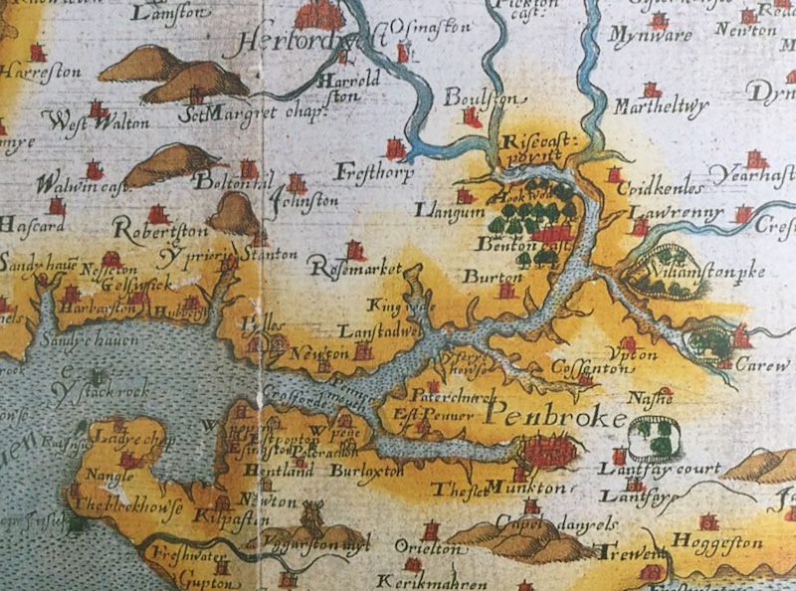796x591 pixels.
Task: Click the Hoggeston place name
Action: (x=716, y=542)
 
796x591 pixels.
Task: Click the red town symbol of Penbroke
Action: (x=547, y=454)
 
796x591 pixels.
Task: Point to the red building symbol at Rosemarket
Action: (x=354, y=251)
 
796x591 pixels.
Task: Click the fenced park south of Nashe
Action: (x=655, y=434)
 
